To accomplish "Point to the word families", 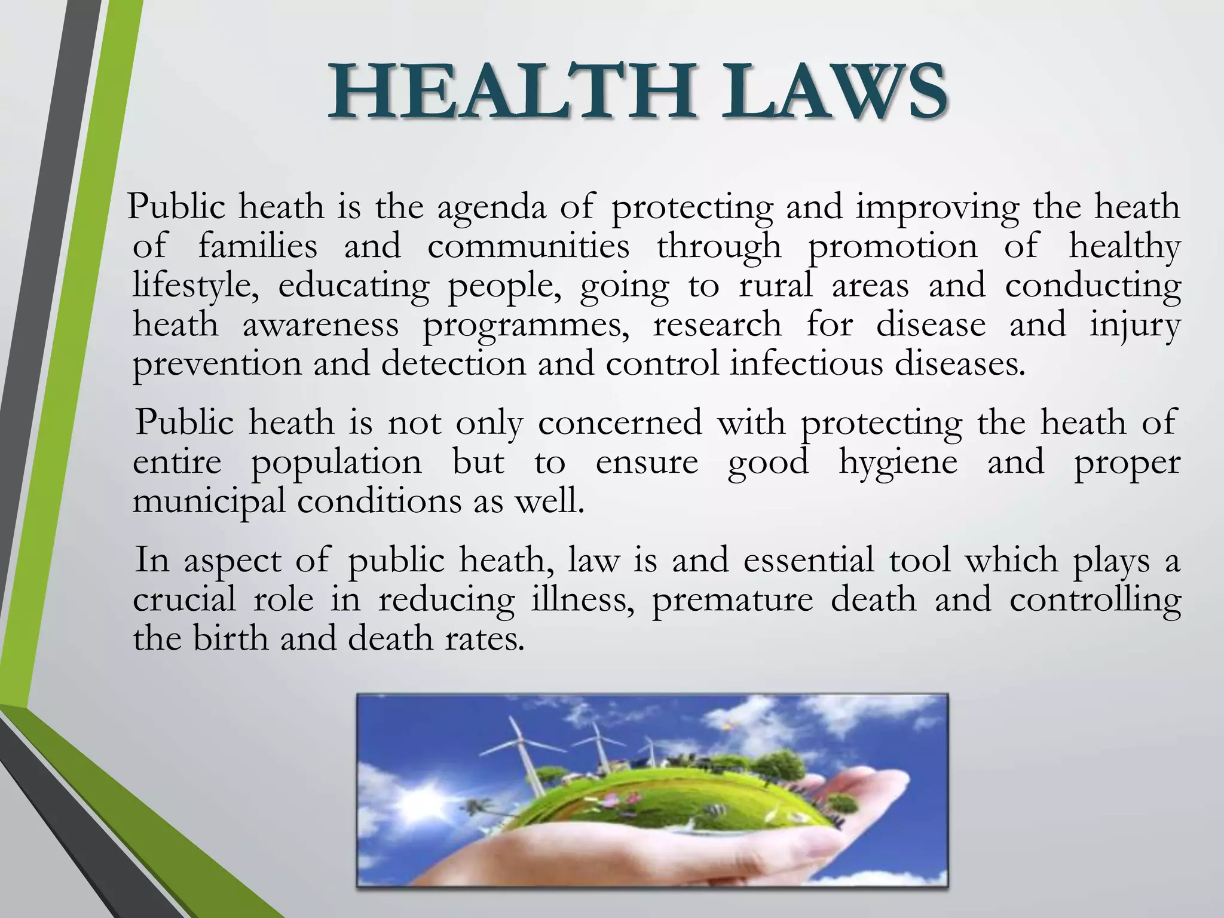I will pos(257,247).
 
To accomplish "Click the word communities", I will pos(528,247).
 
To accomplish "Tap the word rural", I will pos(776,286).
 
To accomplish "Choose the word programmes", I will pos(526,326).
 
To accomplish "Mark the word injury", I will pos(1134,326).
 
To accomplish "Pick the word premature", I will pos(732,600).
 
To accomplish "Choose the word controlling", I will pos(1095,600).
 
